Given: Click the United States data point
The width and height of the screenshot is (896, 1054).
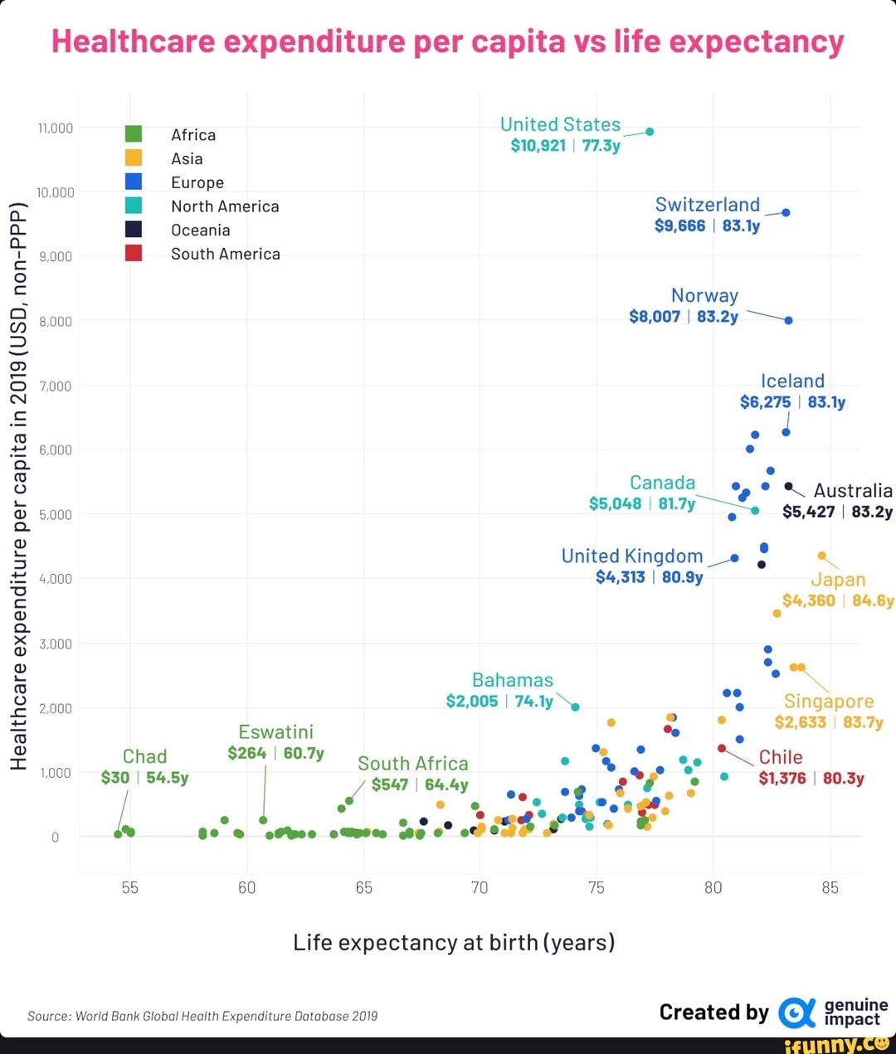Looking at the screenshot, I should click(650, 131).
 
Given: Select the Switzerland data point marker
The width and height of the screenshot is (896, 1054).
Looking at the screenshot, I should click(786, 212).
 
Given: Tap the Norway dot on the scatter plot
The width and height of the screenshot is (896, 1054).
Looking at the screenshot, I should click(788, 320).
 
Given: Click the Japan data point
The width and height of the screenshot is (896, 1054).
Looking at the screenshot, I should click(821, 556).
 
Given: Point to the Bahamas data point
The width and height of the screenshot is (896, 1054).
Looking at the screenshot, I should click(575, 707).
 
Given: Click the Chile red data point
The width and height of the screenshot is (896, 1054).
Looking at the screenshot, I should click(722, 748).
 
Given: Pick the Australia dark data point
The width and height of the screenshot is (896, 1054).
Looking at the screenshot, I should click(788, 487).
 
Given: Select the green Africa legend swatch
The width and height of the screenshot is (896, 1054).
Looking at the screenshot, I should click(133, 134).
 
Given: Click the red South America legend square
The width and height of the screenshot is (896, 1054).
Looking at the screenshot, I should click(133, 254).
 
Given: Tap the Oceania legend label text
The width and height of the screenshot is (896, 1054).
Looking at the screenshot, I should click(200, 230).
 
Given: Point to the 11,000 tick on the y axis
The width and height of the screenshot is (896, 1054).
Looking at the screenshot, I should click(56, 128).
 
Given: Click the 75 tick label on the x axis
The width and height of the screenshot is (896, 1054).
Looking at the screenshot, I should click(596, 888).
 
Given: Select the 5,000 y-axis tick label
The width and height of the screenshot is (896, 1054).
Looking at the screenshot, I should click(56, 514).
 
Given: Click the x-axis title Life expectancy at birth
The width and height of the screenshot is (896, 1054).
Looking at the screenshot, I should click(454, 942).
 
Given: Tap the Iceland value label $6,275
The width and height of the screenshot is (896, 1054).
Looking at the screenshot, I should click(765, 402).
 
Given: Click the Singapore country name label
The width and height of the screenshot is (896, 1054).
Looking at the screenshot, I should click(828, 702).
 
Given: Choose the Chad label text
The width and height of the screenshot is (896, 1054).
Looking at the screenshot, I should click(145, 756).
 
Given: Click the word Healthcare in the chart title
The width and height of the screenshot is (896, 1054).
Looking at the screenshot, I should click(133, 41).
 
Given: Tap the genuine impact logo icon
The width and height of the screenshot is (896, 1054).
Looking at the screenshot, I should click(796, 1013).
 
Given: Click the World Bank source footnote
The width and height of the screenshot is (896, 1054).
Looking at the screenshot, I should click(202, 1016).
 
